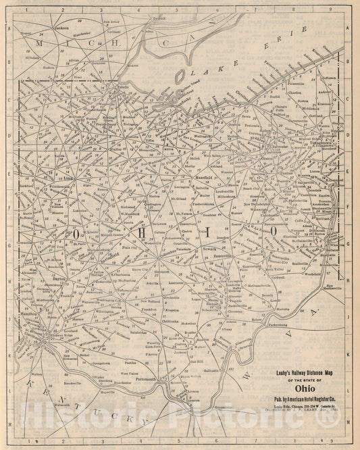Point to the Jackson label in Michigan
click(61, 28)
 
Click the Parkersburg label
click(268, 324)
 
